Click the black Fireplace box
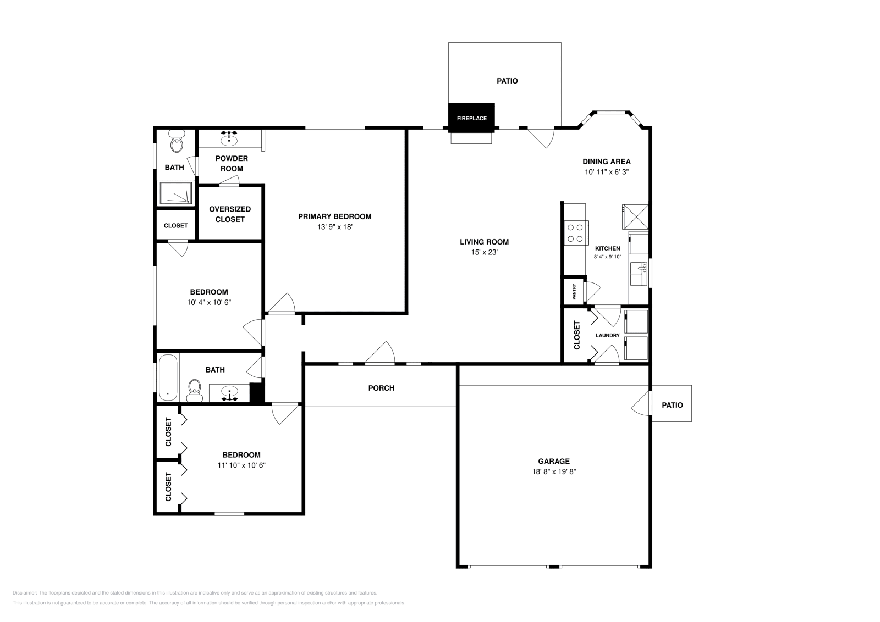pos(471,118)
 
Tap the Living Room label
pos(484,242)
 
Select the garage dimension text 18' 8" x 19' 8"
pos(554,471)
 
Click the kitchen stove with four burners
pos(576,232)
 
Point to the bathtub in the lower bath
pos(168,377)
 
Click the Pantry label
pos(574,291)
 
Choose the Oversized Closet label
pos(230,214)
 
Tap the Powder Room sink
pos(229,141)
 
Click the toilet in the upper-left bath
pos(177,143)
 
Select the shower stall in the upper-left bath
pos(176,193)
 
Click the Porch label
pos(381,388)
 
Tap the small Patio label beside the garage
pos(672,405)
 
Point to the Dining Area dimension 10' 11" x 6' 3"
pos(607,172)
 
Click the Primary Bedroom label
pos(334,216)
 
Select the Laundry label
pos(607,335)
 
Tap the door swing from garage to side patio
pos(641,406)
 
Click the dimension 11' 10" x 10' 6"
pos(242,465)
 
